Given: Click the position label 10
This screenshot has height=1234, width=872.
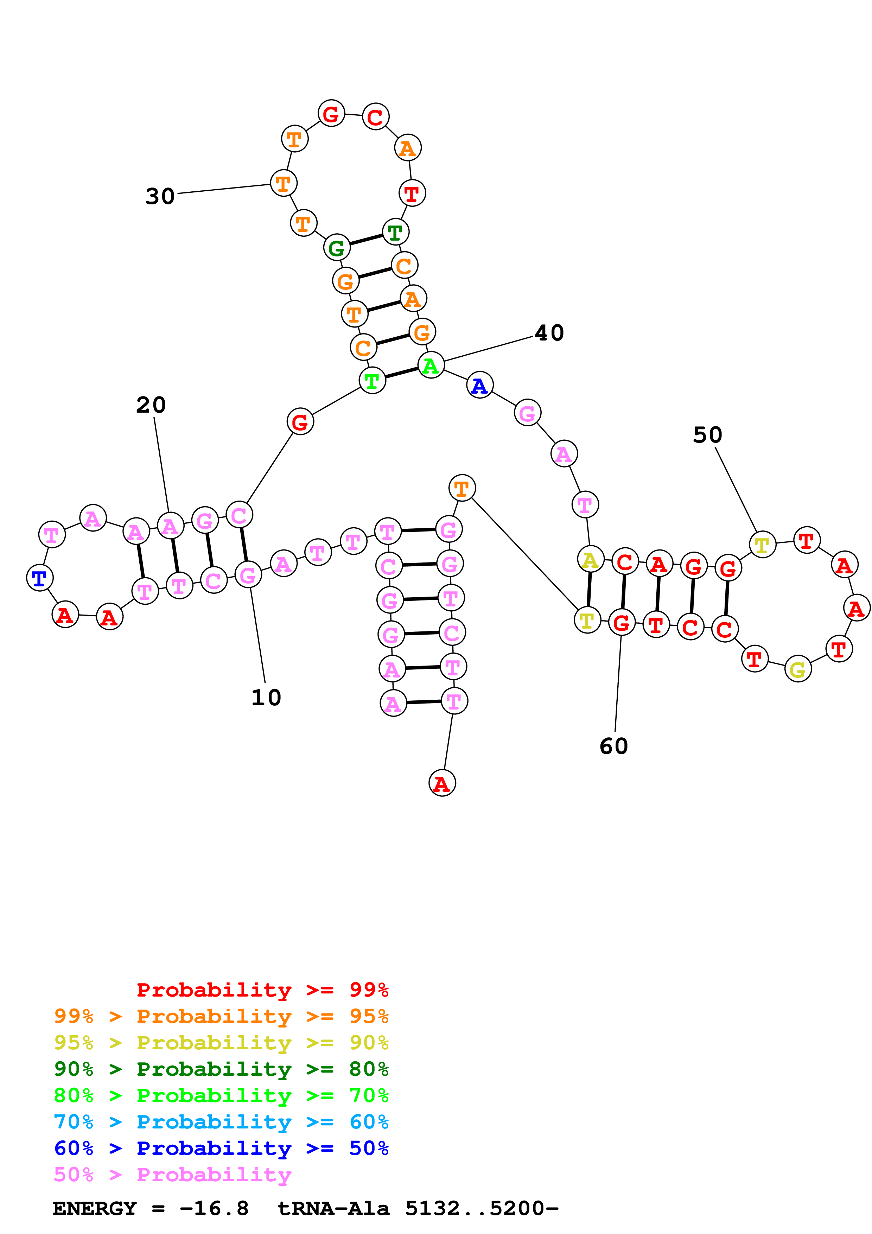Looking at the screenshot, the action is tap(266, 698).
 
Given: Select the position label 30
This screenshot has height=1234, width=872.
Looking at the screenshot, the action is tap(160, 196).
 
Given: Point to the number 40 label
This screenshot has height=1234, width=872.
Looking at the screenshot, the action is tap(549, 333).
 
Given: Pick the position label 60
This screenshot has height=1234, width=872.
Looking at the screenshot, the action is tap(613, 746).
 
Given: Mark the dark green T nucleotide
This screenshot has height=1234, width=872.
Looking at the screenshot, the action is tap(395, 232).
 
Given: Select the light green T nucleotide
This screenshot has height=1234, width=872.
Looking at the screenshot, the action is tap(372, 381).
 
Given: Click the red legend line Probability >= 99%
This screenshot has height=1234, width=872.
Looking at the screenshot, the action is tap(262, 990).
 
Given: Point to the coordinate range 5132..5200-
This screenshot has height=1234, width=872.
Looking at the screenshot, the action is tap(482, 1208).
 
